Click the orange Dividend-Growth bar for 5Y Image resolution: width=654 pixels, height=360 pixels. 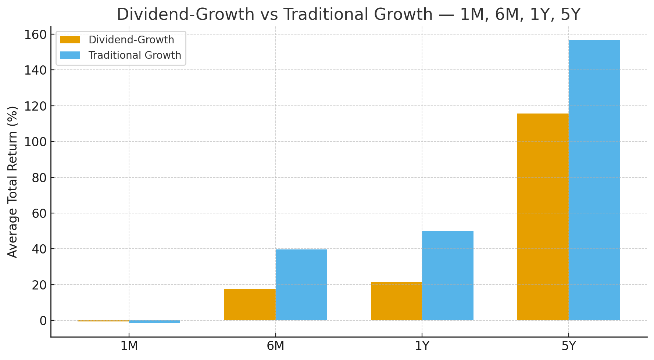click(543, 217)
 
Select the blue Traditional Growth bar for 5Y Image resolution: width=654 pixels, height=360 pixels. click(594, 180)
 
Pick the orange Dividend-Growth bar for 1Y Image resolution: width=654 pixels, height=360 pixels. click(396, 301)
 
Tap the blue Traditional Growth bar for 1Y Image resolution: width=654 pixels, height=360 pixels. click(448, 276)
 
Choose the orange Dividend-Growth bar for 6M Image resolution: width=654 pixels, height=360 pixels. click(250, 305)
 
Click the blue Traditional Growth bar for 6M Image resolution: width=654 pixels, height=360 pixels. click(301, 285)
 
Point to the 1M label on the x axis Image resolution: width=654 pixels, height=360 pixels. click(129, 346)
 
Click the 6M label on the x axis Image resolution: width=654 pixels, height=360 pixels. click(275, 346)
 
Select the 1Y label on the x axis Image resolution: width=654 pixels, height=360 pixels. click(422, 346)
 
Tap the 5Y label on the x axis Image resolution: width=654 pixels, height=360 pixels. click(568, 346)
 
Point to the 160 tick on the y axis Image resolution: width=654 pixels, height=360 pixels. click(36, 35)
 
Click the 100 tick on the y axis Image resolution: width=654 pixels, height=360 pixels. click(36, 142)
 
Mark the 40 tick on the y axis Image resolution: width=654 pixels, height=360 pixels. click(39, 249)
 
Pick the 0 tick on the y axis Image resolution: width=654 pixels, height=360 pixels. click(43, 321)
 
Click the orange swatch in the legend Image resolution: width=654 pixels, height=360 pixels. click(70, 40)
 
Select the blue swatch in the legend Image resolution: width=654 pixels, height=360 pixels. click(70, 55)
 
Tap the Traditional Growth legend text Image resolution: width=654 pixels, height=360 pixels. click(135, 55)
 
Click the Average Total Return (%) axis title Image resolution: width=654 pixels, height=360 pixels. click(13, 182)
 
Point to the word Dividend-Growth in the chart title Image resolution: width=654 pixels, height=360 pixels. click(185, 15)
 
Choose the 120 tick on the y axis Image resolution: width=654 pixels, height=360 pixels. click(36, 106)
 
